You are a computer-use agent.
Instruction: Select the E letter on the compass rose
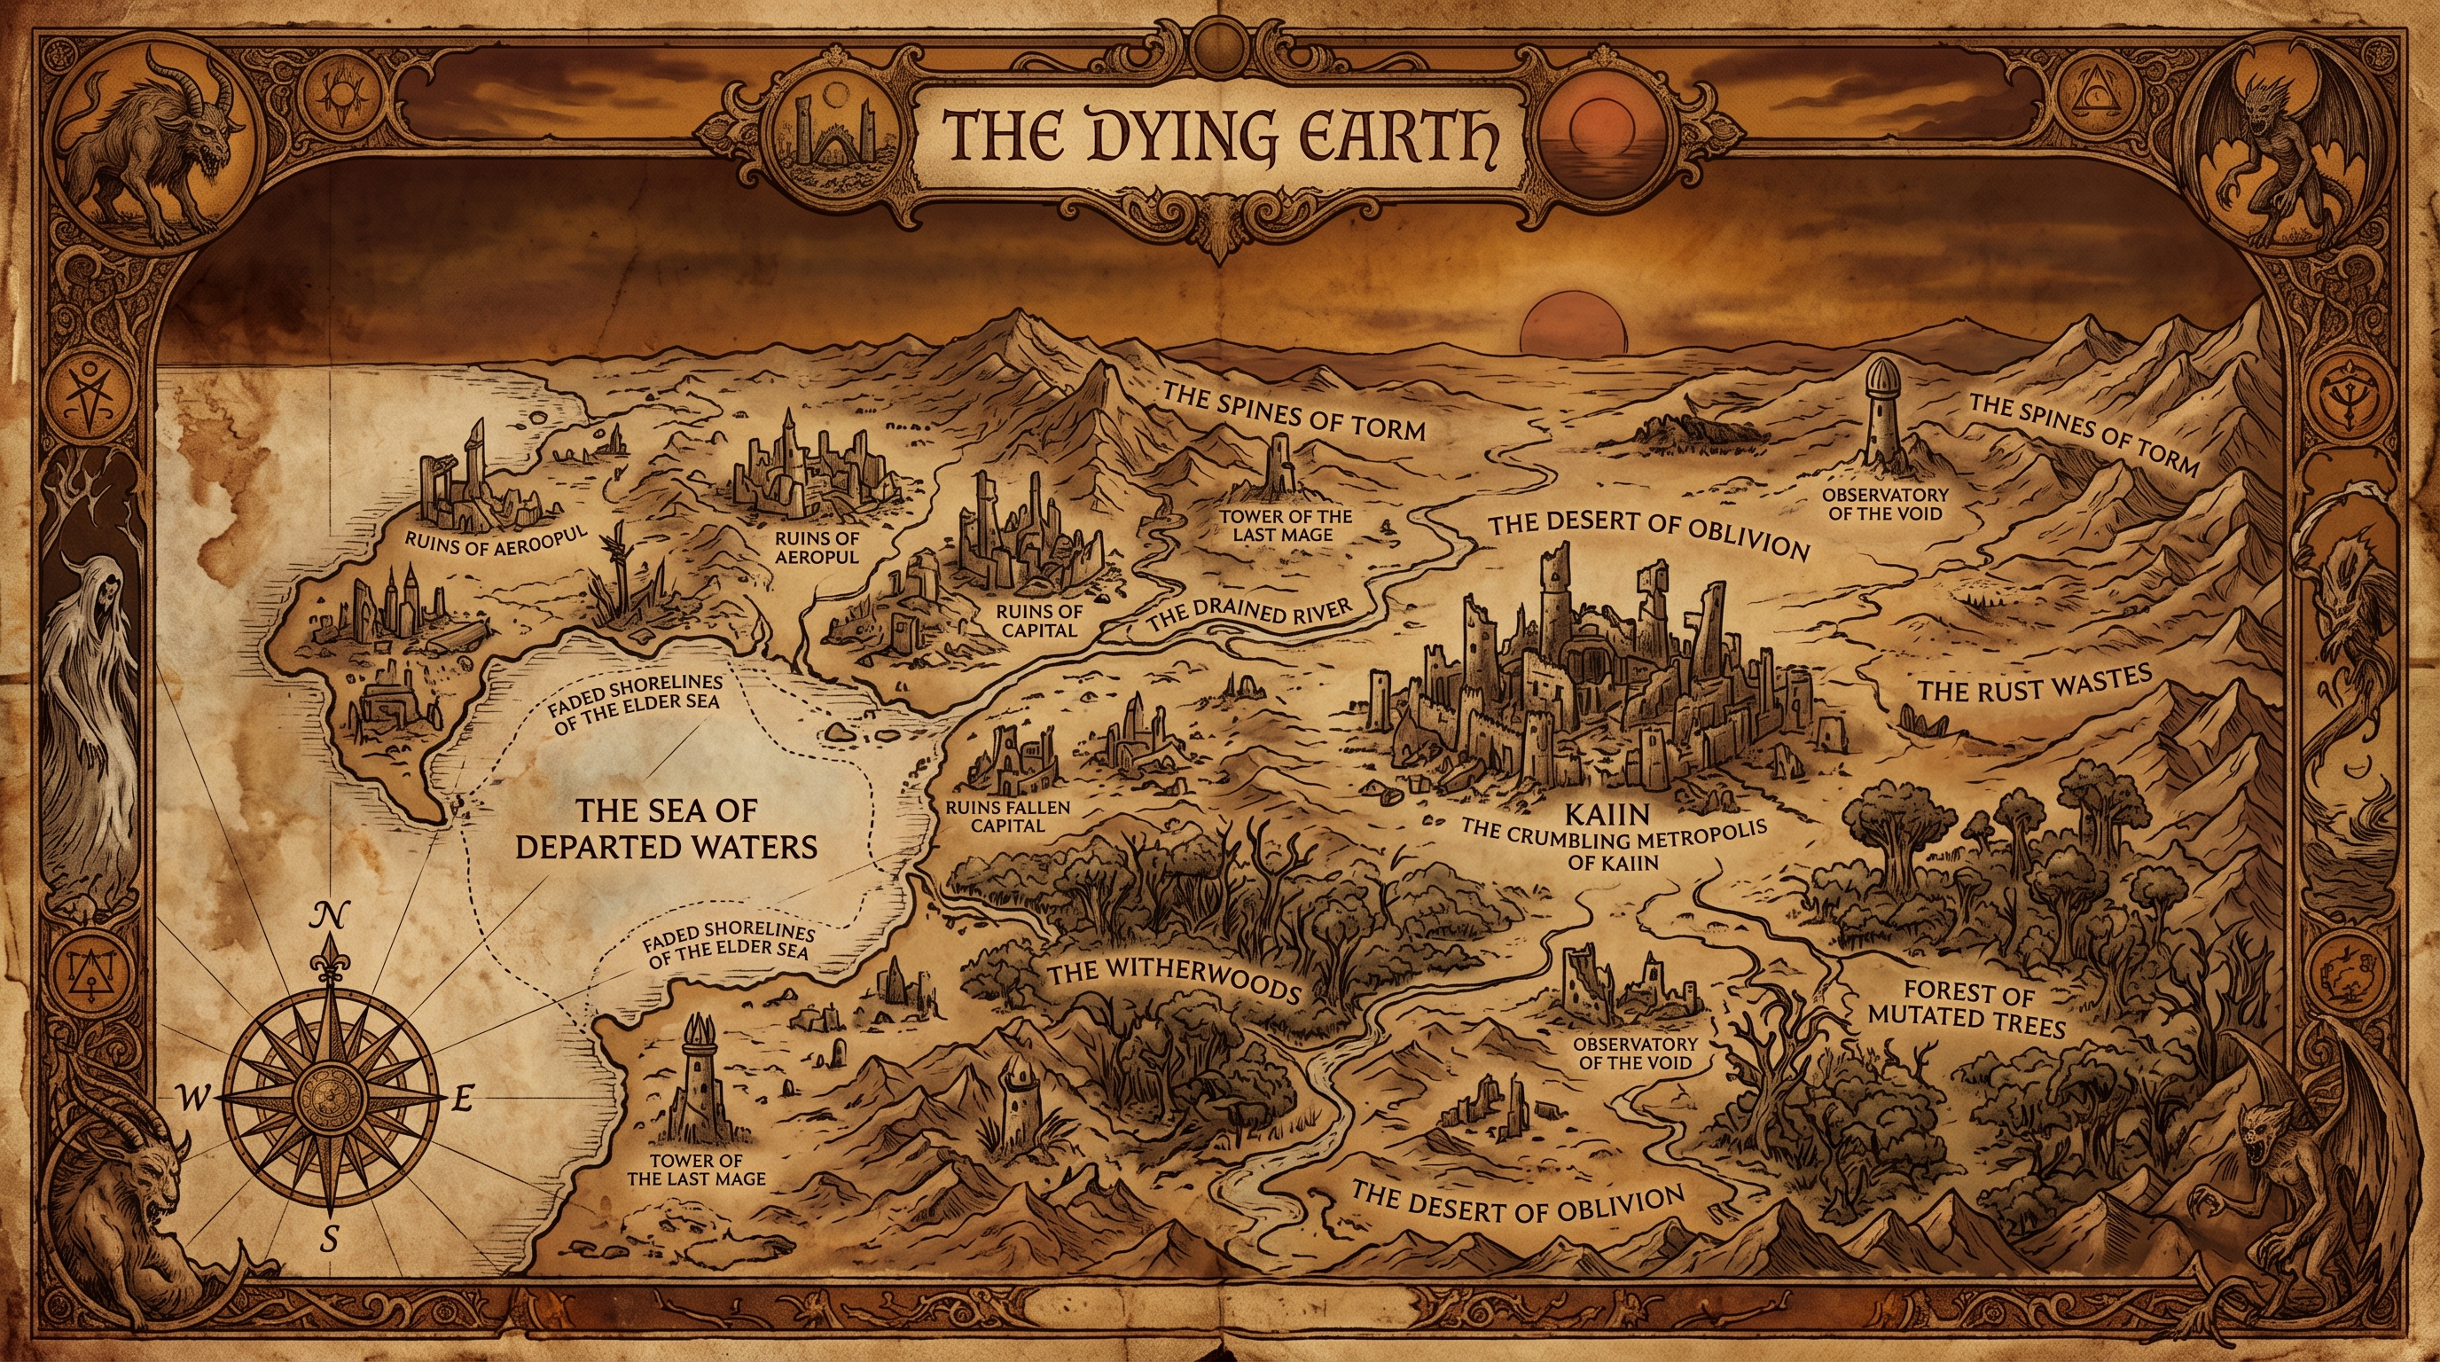461,1100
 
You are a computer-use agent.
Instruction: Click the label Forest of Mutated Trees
1968,1009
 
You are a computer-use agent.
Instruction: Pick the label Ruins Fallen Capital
1007,816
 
